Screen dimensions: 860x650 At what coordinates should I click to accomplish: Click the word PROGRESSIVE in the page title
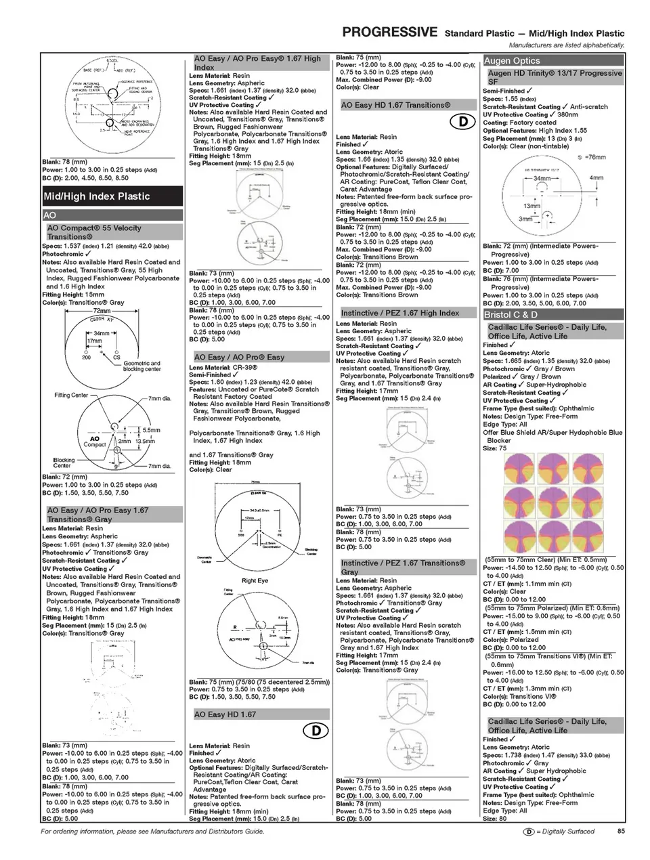[x=389, y=32]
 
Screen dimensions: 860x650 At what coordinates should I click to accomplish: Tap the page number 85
[x=621, y=831]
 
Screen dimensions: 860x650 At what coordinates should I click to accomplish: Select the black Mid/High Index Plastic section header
[x=112, y=196]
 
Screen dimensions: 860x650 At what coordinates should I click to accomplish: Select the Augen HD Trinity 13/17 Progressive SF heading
[x=555, y=77]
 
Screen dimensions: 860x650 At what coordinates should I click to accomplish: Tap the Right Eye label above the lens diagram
[x=255, y=580]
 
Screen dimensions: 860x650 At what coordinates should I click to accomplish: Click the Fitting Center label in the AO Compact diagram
[x=71, y=395]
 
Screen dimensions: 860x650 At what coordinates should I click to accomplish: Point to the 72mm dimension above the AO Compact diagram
[x=101, y=311]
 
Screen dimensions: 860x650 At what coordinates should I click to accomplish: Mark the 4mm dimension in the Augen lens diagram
[x=596, y=178]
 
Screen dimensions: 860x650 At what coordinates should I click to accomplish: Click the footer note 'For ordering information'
[x=152, y=831]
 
